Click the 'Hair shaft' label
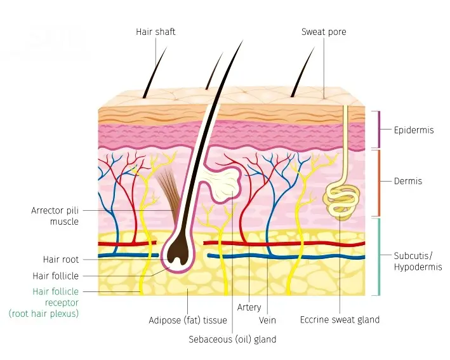(x=156, y=31)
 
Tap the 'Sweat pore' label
(x=324, y=31)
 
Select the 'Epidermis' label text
(x=414, y=130)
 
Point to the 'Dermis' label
(x=408, y=181)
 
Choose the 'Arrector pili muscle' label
(x=55, y=216)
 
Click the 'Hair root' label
(x=61, y=260)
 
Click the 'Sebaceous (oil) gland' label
(x=232, y=339)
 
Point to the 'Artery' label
(x=249, y=307)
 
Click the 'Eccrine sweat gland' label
(x=340, y=319)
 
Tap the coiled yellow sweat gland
(x=340, y=199)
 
